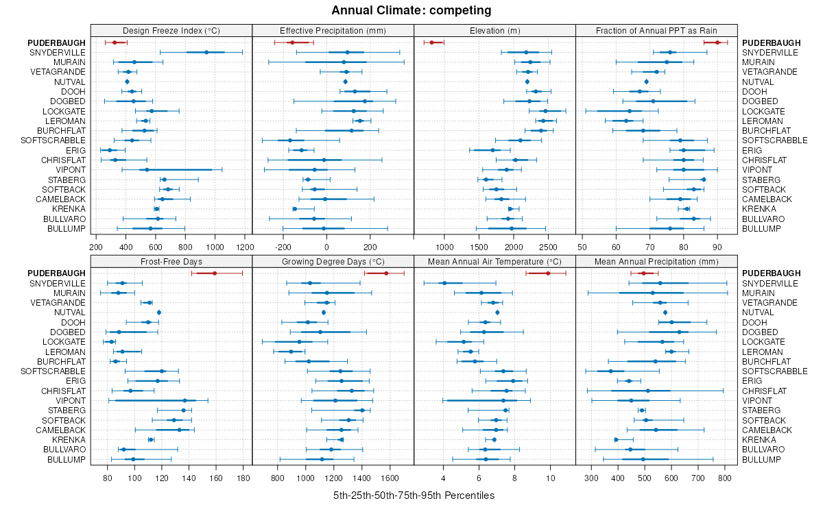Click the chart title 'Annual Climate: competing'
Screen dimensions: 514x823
(411, 10)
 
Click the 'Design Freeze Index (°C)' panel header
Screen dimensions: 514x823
(171, 30)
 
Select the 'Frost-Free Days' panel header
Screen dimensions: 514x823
(171, 261)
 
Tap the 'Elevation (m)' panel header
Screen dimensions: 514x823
(494, 30)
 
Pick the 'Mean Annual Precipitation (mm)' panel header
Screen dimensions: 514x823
(656, 261)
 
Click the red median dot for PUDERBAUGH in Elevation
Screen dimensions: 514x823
(431, 42)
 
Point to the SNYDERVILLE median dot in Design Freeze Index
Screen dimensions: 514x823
(206, 52)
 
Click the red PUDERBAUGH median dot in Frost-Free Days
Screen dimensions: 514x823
(215, 273)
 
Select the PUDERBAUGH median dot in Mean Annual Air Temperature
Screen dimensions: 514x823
(548, 273)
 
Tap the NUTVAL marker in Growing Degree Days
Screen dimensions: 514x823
(324, 313)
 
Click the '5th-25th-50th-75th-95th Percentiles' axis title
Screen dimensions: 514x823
(414, 495)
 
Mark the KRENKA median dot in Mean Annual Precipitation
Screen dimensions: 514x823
(616, 439)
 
